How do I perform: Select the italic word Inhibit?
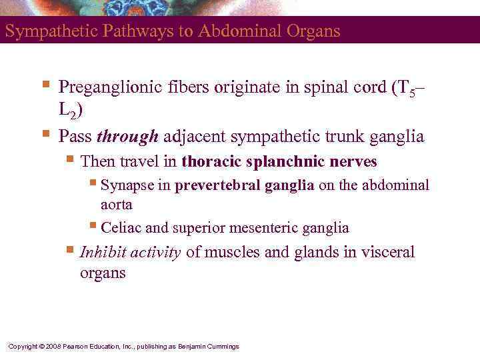tap(102, 252)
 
